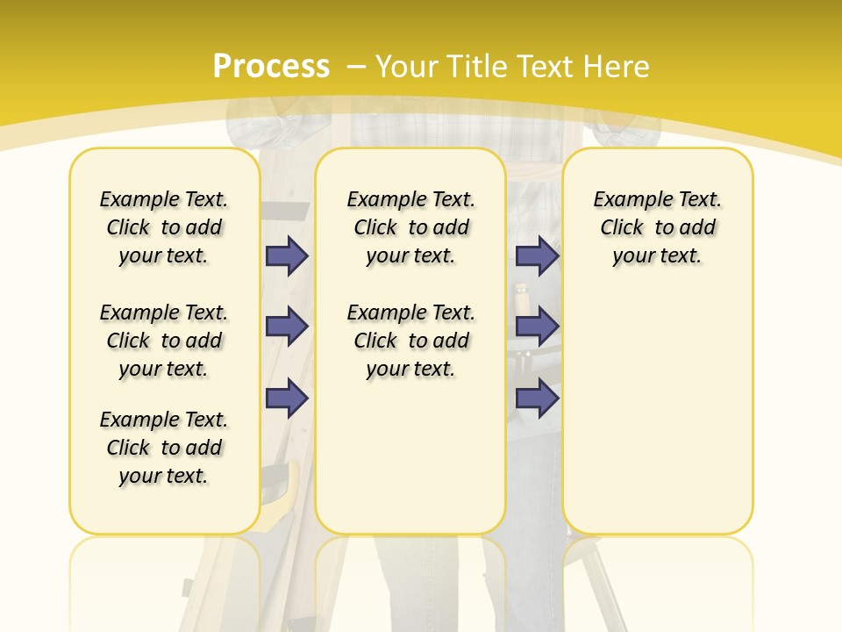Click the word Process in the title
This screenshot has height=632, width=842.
271,66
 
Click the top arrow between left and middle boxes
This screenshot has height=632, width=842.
287,255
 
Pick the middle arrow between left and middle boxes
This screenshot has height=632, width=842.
287,327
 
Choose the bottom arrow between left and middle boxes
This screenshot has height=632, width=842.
287,398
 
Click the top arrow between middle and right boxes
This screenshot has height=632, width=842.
537,255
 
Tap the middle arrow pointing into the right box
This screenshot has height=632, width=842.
537,327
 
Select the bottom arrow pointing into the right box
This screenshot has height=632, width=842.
537,398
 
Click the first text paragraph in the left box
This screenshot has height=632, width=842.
164,227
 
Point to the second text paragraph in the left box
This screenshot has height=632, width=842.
164,341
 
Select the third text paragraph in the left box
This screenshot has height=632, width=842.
164,448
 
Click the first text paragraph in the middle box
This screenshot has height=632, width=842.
410,227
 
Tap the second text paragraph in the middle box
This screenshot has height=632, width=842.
410,341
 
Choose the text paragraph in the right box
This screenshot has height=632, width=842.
657,227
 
